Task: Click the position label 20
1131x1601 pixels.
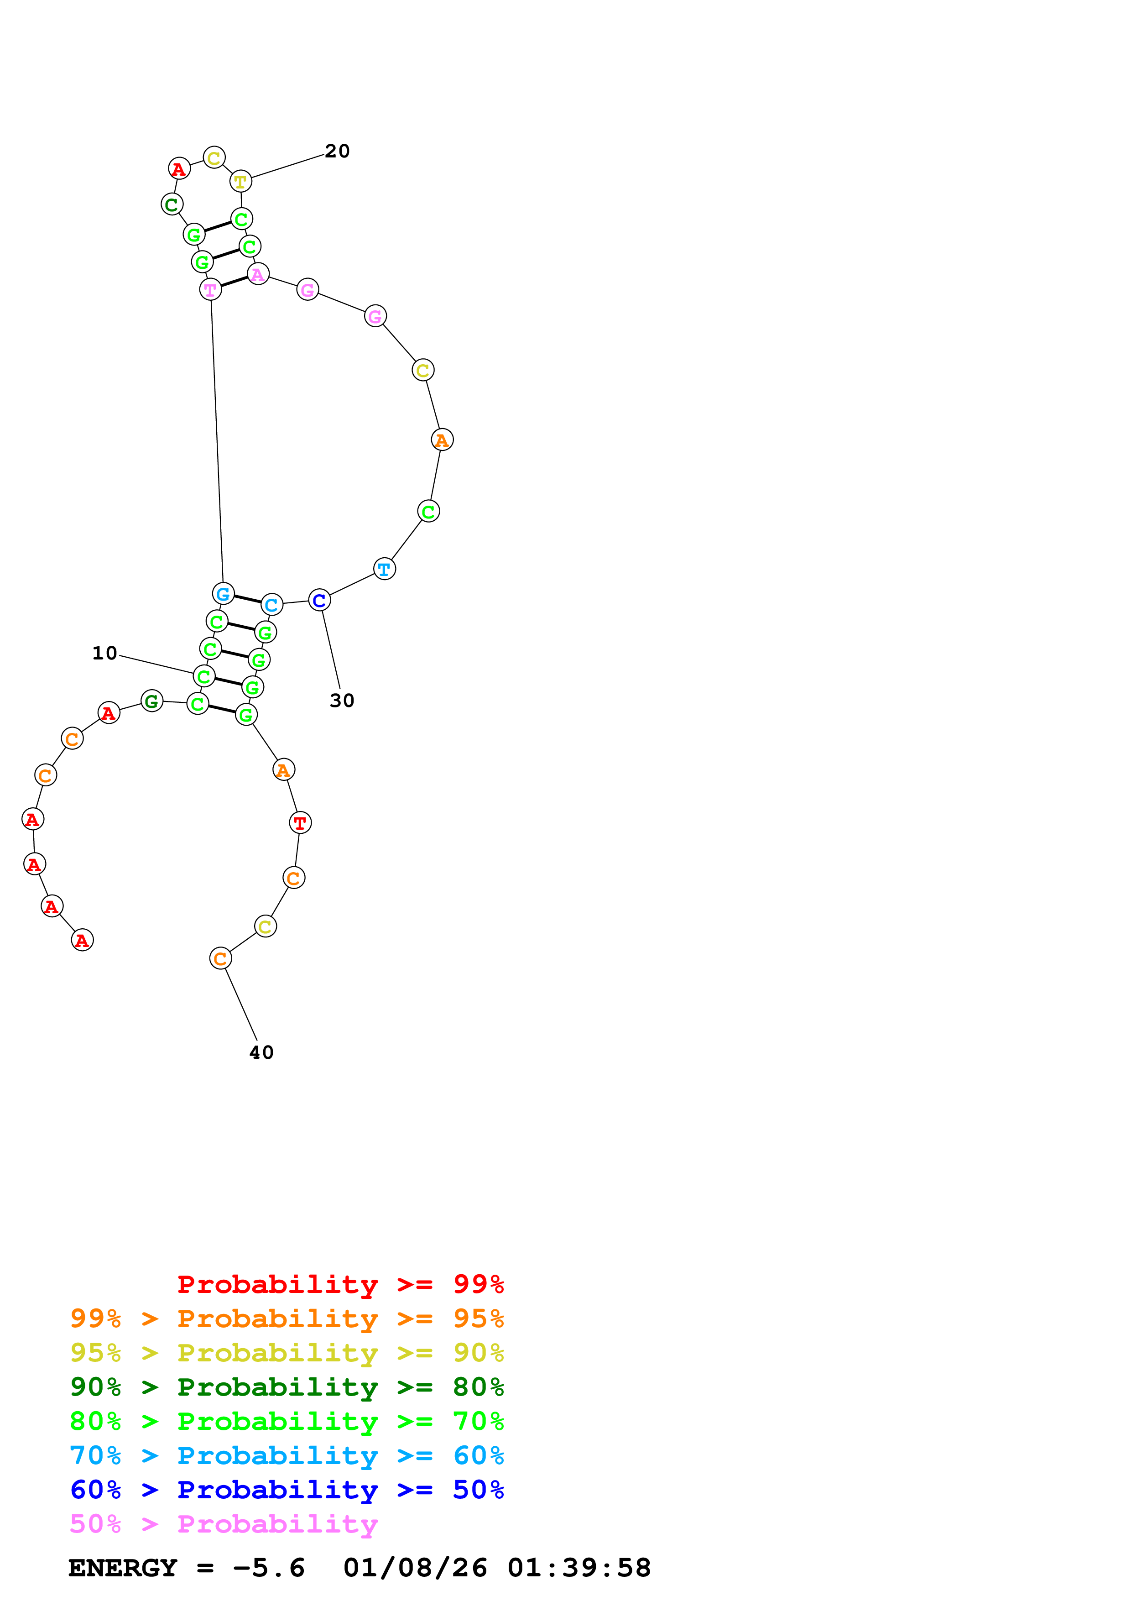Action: click(337, 152)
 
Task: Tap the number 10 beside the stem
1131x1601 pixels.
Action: click(104, 654)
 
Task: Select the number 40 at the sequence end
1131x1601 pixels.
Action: click(261, 1053)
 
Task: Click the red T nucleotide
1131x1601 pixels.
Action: click(300, 823)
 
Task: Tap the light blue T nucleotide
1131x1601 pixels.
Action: click(385, 569)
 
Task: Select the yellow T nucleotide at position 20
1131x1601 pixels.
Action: click(240, 181)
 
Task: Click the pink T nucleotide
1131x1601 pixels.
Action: click(210, 289)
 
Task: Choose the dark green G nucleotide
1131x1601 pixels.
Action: click(152, 701)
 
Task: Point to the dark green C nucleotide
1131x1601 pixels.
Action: click(172, 204)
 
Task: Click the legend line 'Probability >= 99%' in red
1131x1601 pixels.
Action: click(340, 1284)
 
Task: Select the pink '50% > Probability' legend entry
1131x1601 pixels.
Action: click(224, 1524)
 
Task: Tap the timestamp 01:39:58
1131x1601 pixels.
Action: click(579, 1568)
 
